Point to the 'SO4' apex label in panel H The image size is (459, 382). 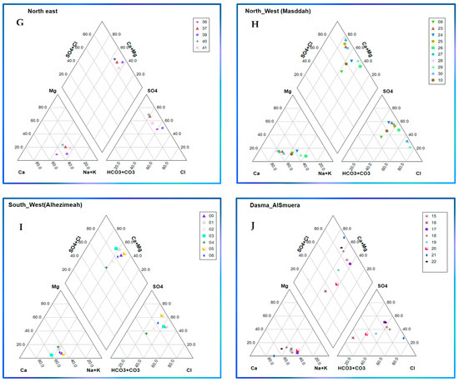coord(386,90)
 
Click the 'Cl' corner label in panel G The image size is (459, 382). coord(190,172)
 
